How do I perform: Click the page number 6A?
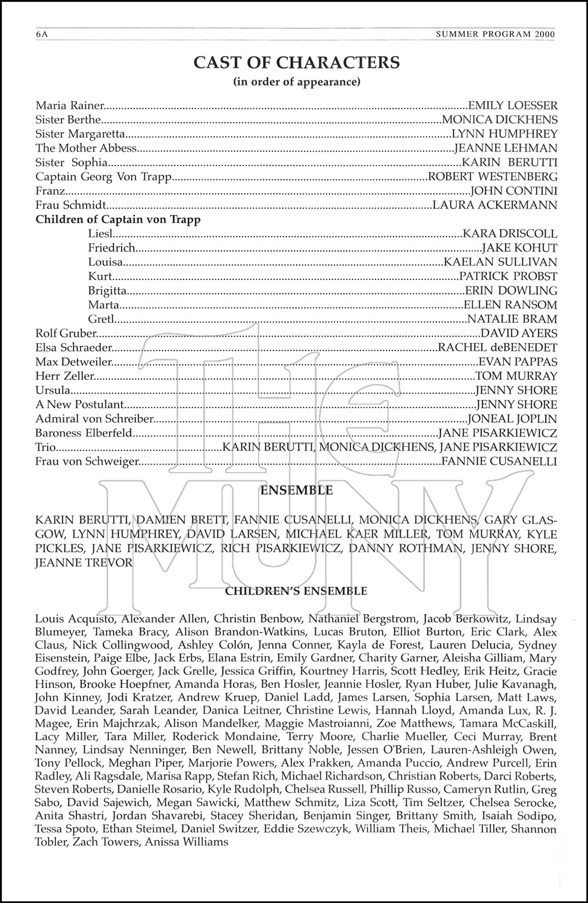click(x=42, y=34)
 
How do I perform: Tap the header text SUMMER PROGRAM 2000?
click(x=495, y=34)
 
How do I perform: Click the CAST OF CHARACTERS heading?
click(x=296, y=62)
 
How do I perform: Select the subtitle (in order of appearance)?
click(x=296, y=81)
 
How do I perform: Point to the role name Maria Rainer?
click(x=70, y=106)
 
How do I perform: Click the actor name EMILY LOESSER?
click(x=513, y=106)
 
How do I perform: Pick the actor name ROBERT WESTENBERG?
click(x=492, y=177)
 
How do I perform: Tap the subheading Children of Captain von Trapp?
click(x=118, y=220)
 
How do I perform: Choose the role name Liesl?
click(x=100, y=234)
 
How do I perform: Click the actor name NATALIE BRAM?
click(x=512, y=319)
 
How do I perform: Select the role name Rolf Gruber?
click(x=66, y=334)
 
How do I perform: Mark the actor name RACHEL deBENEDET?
click(x=497, y=347)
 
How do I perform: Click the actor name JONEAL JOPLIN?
click(x=513, y=419)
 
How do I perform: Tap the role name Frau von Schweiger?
click(x=87, y=462)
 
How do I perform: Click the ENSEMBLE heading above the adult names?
click(x=296, y=491)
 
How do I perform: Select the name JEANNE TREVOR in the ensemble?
click(x=84, y=563)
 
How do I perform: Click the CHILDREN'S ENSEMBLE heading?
click(x=296, y=591)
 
